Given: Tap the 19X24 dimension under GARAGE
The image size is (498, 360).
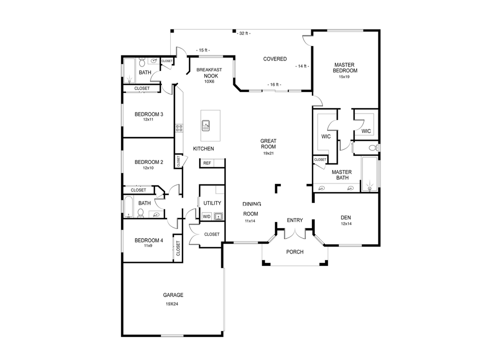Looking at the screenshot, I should (172, 303).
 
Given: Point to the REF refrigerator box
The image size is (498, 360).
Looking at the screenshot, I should (207, 163).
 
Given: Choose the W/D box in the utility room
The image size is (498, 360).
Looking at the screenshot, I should (206, 216).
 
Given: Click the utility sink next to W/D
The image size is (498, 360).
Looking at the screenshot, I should (218, 216).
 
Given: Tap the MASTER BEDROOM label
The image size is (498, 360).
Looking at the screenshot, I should (345, 67).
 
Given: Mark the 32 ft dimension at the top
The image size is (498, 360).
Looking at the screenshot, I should (243, 33).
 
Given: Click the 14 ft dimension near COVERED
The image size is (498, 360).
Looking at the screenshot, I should (302, 66).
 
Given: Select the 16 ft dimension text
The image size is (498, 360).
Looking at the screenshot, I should (273, 84).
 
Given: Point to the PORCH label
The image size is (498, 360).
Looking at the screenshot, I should (295, 252).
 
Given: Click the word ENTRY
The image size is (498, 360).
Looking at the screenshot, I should (295, 220).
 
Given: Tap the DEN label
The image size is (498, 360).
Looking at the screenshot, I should (345, 217).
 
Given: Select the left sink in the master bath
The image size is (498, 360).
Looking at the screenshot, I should (322, 188).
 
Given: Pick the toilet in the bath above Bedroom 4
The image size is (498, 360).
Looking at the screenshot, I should (141, 213).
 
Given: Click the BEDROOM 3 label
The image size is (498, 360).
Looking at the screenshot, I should (149, 114).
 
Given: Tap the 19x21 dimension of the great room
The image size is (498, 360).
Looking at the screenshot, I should (268, 153).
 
